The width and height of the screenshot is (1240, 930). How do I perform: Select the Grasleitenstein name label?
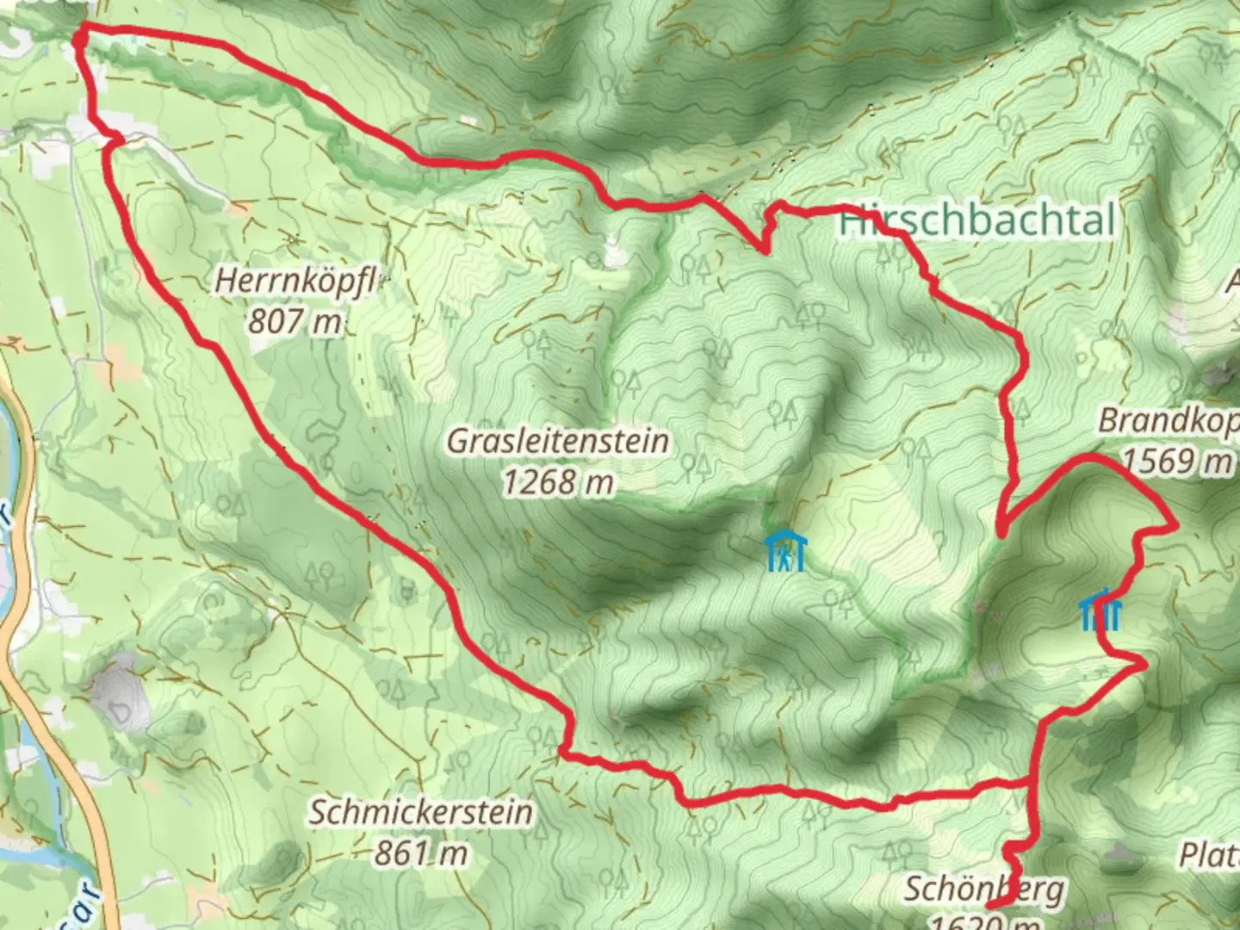click(x=557, y=441)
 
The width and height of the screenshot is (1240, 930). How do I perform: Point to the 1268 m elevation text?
click(x=557, y=482)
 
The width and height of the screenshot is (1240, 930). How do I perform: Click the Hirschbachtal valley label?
click(x=976, y=220)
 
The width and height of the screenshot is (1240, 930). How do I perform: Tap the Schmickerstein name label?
click(x=421, y=812)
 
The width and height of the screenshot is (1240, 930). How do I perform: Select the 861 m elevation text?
click(x=421, y=852)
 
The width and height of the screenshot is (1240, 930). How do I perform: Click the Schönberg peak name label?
click(x=983, y=888)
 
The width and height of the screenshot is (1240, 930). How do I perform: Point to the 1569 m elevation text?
click(x=1177, y=462)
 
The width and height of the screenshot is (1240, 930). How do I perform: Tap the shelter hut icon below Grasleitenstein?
click(x=784, y=551)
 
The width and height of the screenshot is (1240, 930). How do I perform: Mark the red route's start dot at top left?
click(x=79, y=38)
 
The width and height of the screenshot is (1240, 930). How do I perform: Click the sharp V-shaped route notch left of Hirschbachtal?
click(x=765, y=251)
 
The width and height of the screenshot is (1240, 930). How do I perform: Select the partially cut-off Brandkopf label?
click(x=1168, y=421)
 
